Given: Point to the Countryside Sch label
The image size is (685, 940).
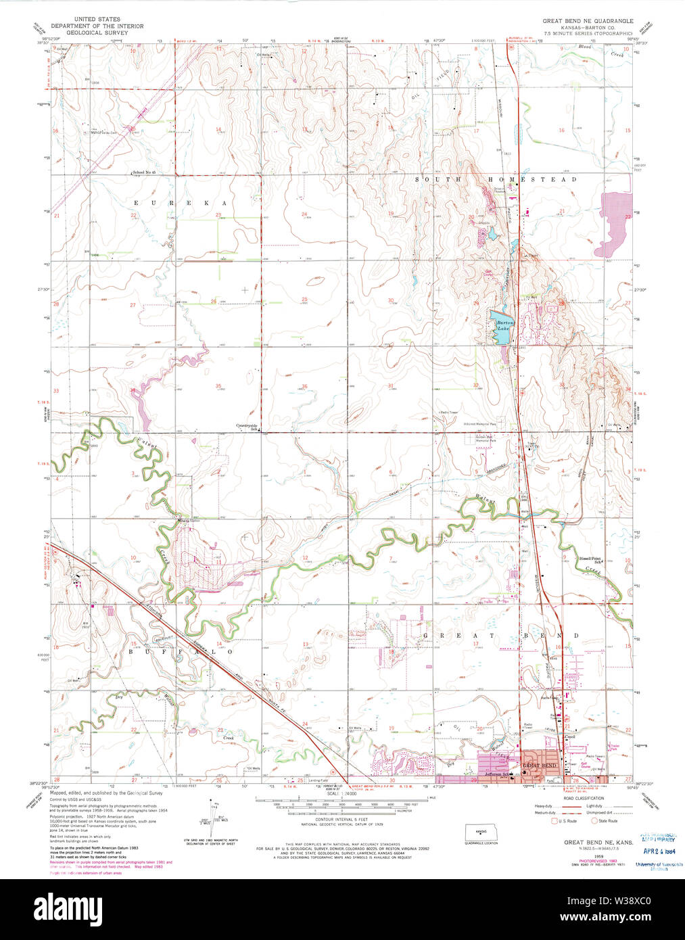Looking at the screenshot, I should [247, 427].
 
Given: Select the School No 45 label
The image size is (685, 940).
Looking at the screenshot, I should [144, 173].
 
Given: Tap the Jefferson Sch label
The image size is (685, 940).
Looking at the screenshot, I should [496, 774].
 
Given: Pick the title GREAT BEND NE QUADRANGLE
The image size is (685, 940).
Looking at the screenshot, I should [588, 21].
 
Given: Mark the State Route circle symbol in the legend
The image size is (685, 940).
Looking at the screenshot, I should [595, 821].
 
